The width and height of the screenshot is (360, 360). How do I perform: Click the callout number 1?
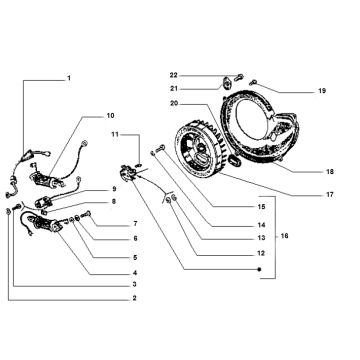pos(69,78)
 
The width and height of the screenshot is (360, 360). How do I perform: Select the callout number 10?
pos(110,116)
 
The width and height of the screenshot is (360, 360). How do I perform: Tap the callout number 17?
pos(330,195)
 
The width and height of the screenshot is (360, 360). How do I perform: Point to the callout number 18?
pos(330,172)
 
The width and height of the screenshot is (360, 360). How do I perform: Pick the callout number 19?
pos(322,91)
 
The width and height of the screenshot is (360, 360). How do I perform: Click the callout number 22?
pos(173,75)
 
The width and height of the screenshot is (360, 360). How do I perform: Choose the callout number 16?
pos(284,236)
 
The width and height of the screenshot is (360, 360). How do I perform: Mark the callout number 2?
pos(134,298)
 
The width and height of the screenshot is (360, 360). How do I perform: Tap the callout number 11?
pos(115,134)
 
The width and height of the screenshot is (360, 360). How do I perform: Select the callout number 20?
pos(173,104)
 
